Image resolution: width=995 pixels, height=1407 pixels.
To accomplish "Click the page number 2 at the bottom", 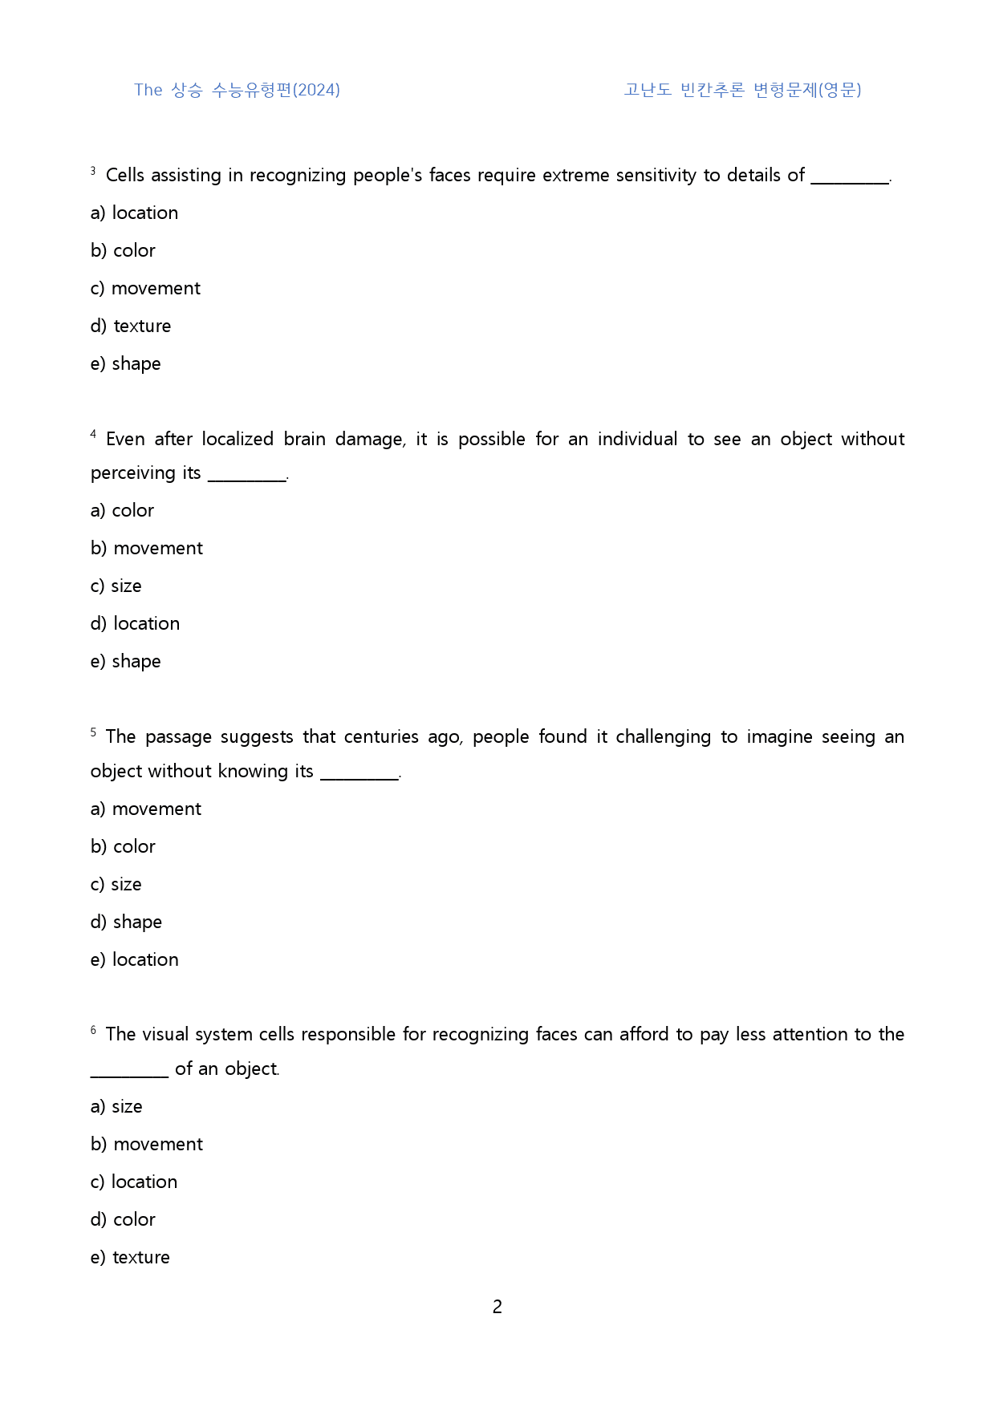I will (497, 1307).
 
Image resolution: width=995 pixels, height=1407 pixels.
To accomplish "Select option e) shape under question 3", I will (126, 364).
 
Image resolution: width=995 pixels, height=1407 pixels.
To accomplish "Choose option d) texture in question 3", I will (131, 326).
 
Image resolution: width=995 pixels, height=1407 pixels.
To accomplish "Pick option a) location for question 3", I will (134, 213).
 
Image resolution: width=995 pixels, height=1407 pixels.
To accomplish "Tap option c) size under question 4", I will (116, 586).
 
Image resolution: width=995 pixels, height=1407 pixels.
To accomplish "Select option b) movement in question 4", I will (147, 549).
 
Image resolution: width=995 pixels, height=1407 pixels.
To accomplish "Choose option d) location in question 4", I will (135, 624).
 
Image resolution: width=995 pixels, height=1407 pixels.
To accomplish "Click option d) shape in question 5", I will (126, 922).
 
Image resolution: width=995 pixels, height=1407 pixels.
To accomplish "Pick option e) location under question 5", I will (134, 960).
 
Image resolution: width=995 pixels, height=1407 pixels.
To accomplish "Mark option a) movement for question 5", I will (146, 809).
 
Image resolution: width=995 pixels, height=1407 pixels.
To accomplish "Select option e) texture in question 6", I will (130, 1258).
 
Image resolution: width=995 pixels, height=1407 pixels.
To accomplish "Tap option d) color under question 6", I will (123, 1220).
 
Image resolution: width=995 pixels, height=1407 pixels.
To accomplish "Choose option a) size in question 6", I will (116, 1107).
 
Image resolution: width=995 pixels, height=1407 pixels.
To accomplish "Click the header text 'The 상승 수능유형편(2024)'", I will (237, 90).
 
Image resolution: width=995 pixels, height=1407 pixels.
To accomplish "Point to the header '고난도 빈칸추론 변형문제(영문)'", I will (742, 90).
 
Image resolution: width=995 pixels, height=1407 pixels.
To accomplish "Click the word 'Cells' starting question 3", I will (125, 176).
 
